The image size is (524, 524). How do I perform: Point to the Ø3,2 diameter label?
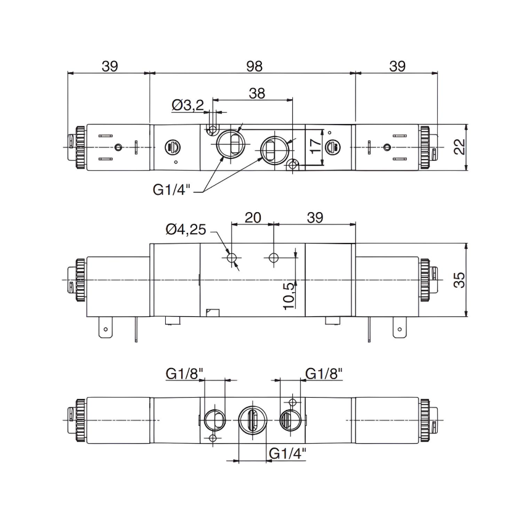point(187,106)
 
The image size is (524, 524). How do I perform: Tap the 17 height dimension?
point(315,147)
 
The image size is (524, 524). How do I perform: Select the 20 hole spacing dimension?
point(253,217)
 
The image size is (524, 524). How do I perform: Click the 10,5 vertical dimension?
point(287,295)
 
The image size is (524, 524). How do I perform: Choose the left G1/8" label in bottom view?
point(184,373)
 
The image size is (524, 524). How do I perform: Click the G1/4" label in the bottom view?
point(288,454)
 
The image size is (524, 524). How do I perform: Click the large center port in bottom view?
point(251,420)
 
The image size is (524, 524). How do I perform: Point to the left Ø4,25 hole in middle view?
point(232,258)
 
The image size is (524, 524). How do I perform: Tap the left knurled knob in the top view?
point(80,147)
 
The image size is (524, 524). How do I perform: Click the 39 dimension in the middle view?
point(315,217)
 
